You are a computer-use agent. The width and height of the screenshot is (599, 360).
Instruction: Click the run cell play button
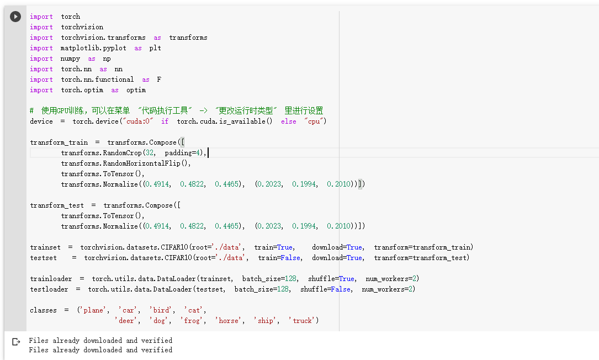pos(15,17)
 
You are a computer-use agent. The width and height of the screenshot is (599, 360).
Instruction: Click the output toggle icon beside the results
pos(15,342)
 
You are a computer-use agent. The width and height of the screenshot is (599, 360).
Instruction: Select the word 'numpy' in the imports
pos(71,59)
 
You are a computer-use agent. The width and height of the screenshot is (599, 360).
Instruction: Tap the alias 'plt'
pos(155,48)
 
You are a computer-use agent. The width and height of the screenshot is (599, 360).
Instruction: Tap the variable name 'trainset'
pos(45,247)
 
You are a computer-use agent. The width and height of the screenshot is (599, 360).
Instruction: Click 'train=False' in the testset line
pos(279,258)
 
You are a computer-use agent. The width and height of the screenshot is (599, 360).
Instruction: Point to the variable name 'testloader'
pos(49,289)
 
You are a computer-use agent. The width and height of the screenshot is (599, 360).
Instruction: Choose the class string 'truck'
pos(303,321)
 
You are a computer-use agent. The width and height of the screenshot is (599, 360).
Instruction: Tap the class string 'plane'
pos(93,310)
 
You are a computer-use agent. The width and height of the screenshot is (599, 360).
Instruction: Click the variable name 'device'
pos(42,121)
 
